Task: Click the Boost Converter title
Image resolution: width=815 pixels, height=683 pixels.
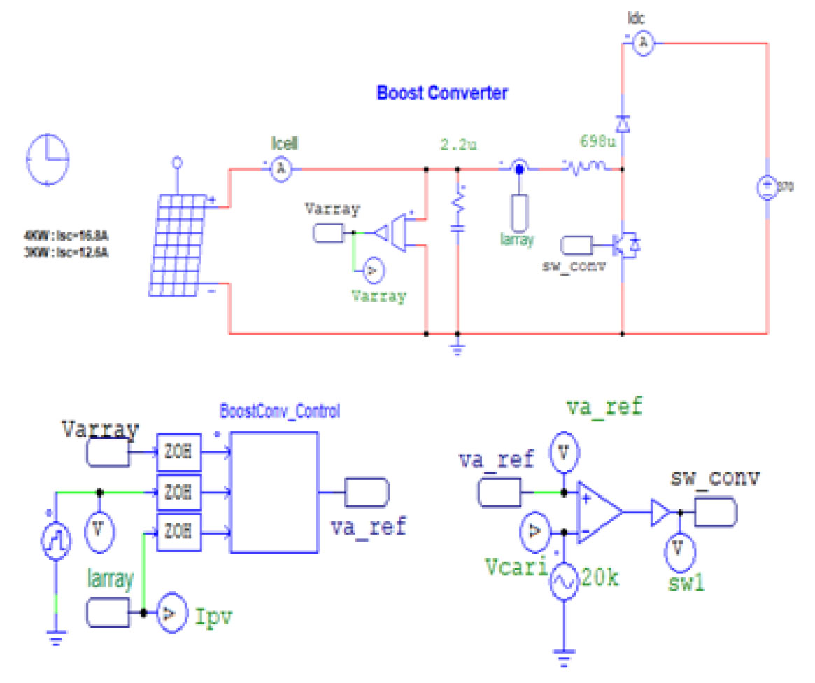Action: pos(442,92)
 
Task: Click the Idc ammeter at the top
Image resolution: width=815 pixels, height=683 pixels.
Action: pos(642,43)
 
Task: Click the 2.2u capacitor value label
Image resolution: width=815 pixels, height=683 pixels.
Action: pos(459,146)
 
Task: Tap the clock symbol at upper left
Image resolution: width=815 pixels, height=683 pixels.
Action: pos(48,159)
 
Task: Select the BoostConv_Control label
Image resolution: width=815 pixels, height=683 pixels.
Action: pos(279,411)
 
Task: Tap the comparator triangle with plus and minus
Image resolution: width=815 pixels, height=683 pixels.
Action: pos(598,512)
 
